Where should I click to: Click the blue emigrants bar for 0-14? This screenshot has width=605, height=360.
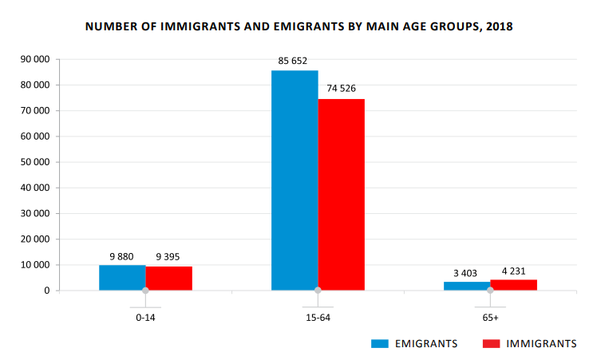pyautogui.click(x=122, y=278)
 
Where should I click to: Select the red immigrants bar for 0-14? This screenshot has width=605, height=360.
pyautogui.click(x=168, y=279)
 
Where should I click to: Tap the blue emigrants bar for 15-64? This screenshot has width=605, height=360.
pyautogui.click(x=295, y=180)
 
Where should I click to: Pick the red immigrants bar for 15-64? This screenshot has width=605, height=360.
pyautogui.click(x=341, y=195)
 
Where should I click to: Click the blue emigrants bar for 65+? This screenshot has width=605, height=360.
pyautogui.click(x=467, y=286)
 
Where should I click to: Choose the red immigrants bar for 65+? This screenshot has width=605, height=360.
pyautogui.click(x=513, y=285)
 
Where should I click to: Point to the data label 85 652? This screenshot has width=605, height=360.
pyautogui.click(x=295, y=61)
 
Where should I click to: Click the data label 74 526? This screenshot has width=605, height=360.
pyautogui.click(x=341, y=89)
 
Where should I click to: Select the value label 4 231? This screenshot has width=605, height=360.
pyautogui.click(x=514, y=271)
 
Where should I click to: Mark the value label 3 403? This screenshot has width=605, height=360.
pyautogui.click(x=465, y=273)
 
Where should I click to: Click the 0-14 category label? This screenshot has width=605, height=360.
pyautogui.click(x=145, y=318)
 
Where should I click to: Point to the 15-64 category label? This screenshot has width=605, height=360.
pyautogui.click(x=318, y=318)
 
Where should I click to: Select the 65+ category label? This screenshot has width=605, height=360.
pyautogui.click(x=490, y=318)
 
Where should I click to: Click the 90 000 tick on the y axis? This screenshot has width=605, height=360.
pyautogui.click(x=34, y=59)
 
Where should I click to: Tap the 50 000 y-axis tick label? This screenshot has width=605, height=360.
pyautogui.click(x=34, y=162)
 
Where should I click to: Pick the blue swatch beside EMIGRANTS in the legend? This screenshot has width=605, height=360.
pyautogui.click(x=379, y=343)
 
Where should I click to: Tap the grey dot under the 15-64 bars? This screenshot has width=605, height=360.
pyautogui.click(x=318, y=291)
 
